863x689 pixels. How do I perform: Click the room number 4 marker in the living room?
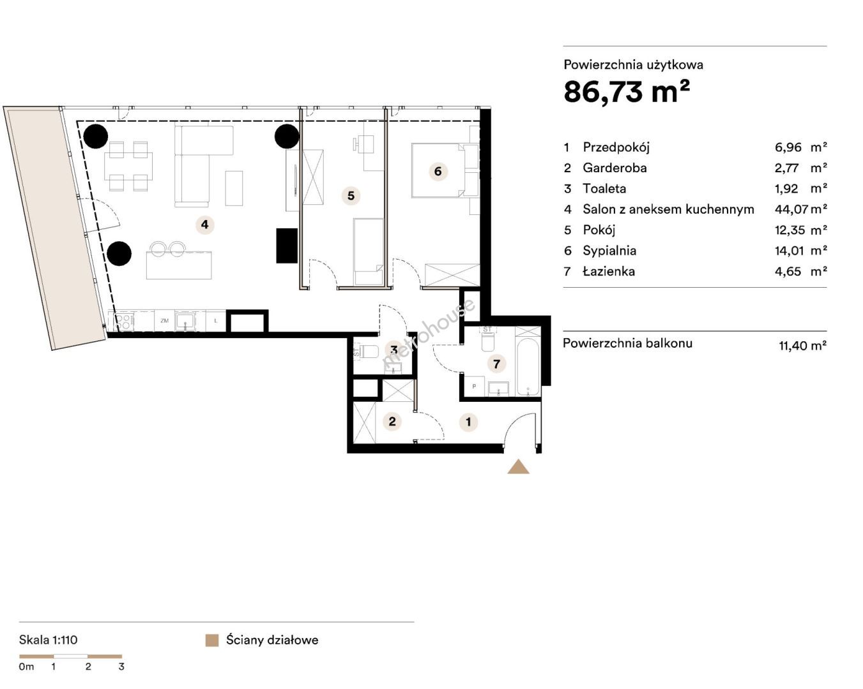point(204,225)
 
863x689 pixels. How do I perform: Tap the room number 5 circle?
point(351,196)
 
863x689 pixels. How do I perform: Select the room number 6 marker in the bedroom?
point(438,172)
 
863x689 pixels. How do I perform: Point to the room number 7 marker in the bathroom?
point(497,364)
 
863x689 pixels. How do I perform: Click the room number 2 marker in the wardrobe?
point(392,421)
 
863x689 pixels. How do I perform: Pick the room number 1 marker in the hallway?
point(468,422)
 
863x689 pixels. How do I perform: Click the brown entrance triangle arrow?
point(518,467)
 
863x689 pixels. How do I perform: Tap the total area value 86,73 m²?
point(627,92)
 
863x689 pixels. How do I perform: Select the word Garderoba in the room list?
point(615,168)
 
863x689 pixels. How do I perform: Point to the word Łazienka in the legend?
point(609,271)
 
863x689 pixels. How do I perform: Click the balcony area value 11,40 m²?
point(803,345)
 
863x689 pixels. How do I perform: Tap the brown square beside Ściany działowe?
point(212,641)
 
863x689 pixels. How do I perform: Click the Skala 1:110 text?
point(48,640)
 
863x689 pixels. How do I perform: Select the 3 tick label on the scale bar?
point(121,667)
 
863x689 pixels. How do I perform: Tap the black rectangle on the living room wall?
point(287,246)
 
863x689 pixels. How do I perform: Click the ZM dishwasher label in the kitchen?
point(164,320)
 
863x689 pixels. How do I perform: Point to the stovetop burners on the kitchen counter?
point(123,322)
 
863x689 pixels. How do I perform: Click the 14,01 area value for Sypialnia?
point(790,251)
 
